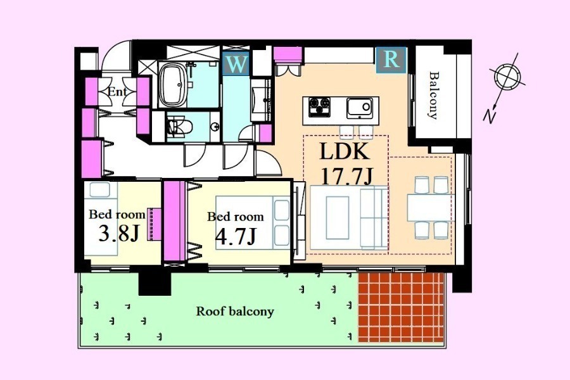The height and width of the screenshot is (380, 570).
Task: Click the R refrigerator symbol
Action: [391, 60]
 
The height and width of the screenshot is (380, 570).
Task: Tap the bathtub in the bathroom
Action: [173, 85]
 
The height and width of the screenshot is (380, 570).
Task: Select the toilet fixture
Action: [179, 127]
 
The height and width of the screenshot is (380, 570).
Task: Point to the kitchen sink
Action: [360, 108]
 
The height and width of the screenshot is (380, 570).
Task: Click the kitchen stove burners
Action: [319, 107]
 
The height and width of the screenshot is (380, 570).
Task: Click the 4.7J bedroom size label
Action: [236, 236]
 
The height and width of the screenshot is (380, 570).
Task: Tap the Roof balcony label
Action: [235, 312]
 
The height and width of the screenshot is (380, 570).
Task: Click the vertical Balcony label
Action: [433, 95]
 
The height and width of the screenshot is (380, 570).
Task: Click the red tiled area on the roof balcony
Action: [402, 307]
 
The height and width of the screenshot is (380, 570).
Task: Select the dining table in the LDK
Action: [431, 208]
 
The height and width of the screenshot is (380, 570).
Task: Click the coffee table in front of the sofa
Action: [338, 217]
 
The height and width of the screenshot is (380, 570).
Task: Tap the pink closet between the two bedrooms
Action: [175, 221]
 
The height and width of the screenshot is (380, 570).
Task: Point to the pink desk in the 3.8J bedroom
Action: [155, 224]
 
